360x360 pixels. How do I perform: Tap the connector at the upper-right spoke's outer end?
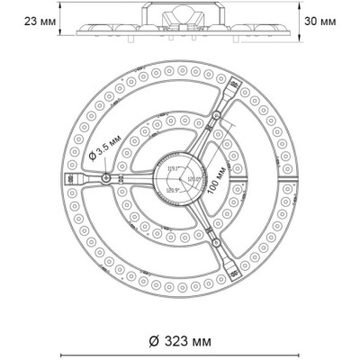237,90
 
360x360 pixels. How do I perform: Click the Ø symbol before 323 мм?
154,341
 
